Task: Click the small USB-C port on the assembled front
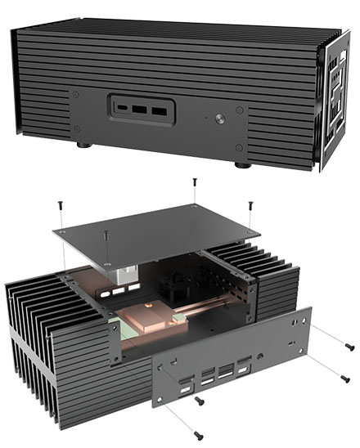pos(122,107)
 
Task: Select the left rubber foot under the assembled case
pos(84,146)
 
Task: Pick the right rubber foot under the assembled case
pos(243,164)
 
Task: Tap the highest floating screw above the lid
pos(194,181)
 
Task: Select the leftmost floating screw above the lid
pos(60,204)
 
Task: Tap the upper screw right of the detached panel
pos(350,347)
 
